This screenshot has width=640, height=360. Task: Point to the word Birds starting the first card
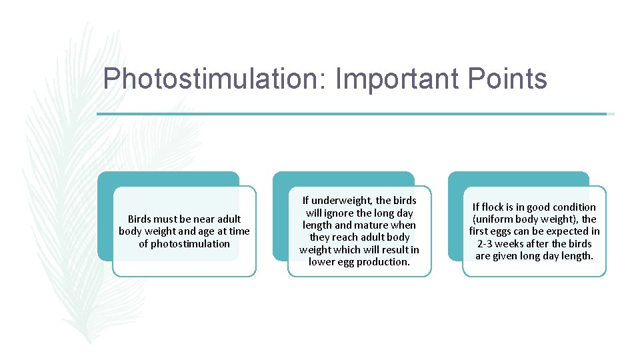141,219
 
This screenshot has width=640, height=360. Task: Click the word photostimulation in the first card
184,243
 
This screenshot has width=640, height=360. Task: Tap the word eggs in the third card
503,231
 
